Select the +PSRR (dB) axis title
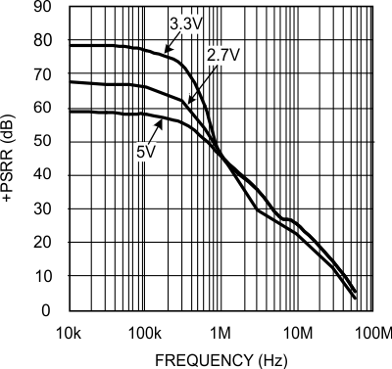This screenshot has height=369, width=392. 10,160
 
